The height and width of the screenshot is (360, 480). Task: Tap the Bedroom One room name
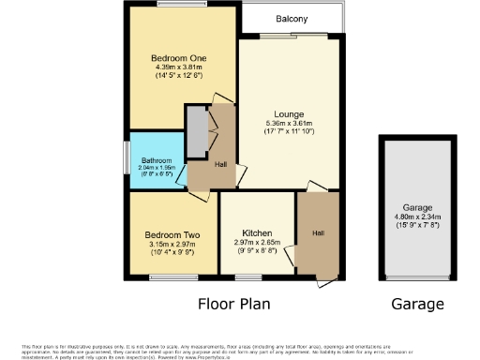(181, 59)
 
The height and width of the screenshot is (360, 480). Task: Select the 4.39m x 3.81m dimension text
(181, 67)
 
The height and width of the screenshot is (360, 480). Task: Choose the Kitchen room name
(257, 232)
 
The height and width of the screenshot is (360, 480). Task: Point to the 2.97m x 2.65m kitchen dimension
(257, 242)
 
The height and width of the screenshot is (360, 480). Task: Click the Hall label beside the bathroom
(219, 164)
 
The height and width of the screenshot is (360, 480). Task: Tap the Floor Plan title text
(235, 305)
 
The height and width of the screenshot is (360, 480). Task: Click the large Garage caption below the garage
(417, 305)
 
